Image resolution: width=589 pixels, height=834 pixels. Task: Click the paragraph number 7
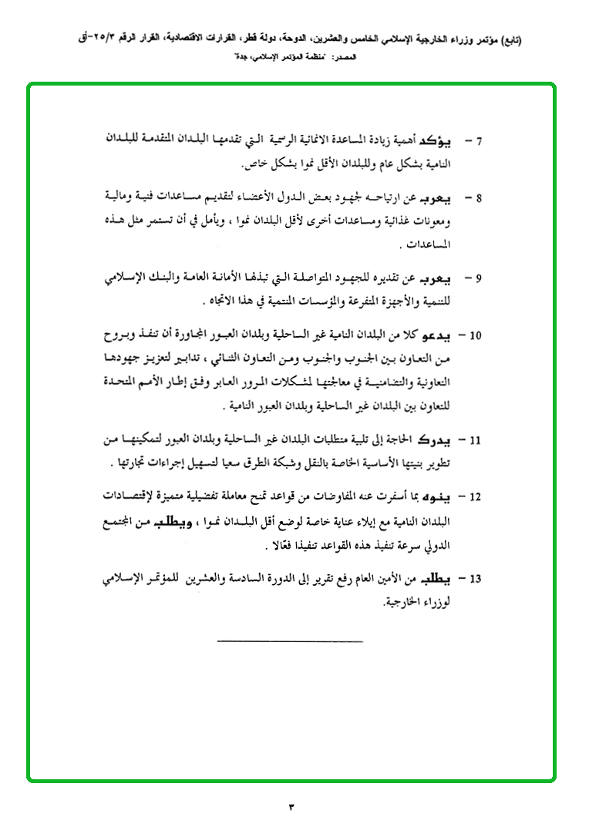479,142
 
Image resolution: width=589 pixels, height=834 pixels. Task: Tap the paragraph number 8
479,198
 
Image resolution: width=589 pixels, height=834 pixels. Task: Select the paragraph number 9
479,277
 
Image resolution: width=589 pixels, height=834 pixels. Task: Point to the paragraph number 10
476,335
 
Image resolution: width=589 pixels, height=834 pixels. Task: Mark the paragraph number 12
476,497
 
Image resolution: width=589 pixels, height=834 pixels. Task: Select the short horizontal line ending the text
290,641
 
